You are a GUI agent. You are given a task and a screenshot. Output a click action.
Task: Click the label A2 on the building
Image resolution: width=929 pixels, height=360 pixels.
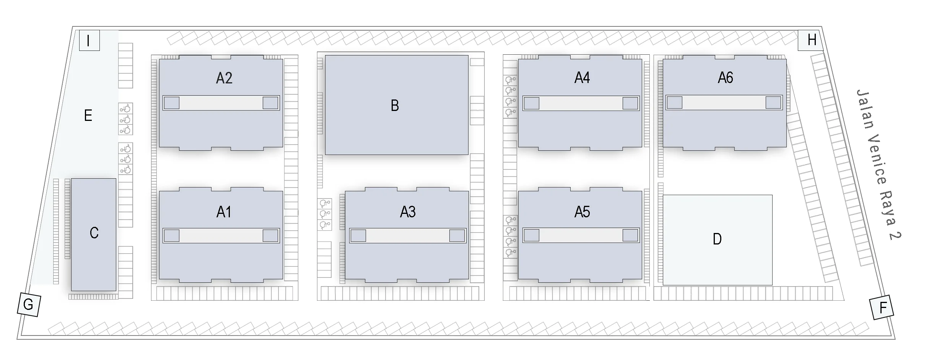click(x=224, y=78)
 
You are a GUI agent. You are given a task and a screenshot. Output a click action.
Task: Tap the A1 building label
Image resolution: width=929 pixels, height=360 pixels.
click(x=224, y=212)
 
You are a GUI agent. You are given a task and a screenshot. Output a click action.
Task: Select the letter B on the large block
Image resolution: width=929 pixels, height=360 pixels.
click(x=395, y=106)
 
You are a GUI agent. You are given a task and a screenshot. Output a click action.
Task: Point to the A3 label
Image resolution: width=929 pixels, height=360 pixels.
click(x=408, y=212)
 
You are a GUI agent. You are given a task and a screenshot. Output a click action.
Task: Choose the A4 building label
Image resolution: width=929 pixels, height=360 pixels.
click(x=582, y=78)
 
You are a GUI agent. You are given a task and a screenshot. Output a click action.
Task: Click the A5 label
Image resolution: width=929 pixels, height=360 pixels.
click(x=582, y=212)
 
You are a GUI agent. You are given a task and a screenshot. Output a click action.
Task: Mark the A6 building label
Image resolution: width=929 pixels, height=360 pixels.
click(x=725, y=78)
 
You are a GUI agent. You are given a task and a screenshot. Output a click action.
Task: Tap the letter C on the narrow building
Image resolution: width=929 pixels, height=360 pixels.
click(x=94, y=233)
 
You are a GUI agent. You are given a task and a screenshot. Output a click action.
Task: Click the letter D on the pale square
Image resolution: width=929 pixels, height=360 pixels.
click(x=717, y=239)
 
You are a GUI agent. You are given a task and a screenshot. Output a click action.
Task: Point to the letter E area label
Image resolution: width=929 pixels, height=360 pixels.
click(x=88, y=115)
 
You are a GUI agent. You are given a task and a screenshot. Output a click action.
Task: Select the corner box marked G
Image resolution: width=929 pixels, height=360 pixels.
click(x=29, y=305)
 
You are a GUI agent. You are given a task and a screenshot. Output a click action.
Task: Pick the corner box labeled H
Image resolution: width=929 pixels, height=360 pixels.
click(x=811, y=40)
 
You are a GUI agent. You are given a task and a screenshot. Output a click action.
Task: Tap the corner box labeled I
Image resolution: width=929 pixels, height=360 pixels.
click(x=89, y=41)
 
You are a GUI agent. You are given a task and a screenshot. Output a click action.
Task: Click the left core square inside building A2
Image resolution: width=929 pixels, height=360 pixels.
click(x=172, y=103)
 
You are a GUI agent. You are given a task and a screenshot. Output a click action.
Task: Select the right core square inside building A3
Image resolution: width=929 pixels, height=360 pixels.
click(x=457, y=236)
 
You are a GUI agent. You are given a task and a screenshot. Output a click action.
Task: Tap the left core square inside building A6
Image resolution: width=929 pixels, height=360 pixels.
click(x=675, y=103)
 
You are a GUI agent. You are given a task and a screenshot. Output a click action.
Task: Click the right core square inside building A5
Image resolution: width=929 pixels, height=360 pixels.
click(x=630, y=235)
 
